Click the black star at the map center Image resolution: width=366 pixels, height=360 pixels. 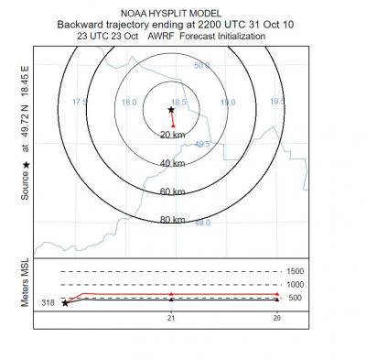click(x=171, y=108)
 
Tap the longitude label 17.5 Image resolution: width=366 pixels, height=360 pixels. click(x=80, y=102)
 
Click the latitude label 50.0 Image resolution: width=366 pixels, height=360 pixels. click(x=201, y=66)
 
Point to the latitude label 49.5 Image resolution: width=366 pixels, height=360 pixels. click(x=202, y=144)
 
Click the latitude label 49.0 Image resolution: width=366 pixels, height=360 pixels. click(x=202, y=223)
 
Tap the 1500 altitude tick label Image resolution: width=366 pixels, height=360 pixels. click(x=294, y=271)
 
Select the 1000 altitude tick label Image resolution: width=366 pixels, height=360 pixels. click(x=294, y=284)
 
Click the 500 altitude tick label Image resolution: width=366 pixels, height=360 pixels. click(x=296, y=297)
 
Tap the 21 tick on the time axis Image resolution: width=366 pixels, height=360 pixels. click(x=170, y=317)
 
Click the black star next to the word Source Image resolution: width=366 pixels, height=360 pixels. click(x=26, y=165)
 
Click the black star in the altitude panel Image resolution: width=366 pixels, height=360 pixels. click(x=64, y=302)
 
